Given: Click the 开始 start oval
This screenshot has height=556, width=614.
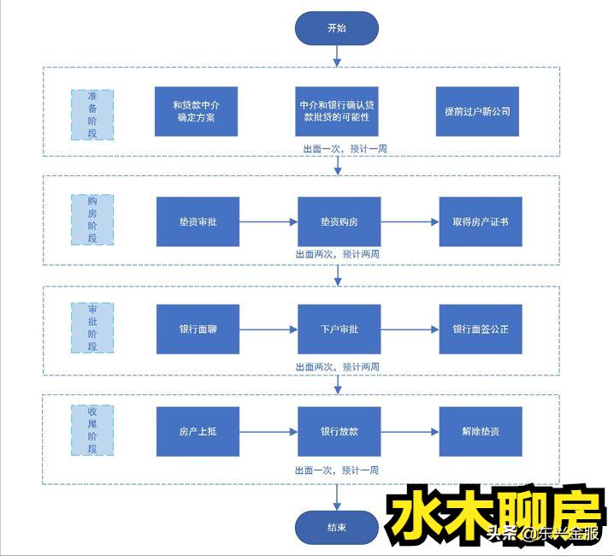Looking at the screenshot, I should [337, 27].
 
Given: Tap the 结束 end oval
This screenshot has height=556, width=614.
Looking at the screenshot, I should [336, 527].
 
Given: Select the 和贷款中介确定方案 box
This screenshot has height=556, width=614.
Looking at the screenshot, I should [196, 111].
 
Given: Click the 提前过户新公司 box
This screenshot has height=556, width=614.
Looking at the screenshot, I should [477, 111].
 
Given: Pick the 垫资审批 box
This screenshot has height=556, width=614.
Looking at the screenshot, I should [198, 222].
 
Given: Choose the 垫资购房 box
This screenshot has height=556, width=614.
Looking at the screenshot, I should [339, 222].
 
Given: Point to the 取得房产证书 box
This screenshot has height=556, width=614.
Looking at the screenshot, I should [481, 222].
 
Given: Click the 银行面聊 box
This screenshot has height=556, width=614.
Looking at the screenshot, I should [198, 328].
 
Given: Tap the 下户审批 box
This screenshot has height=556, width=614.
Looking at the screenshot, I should [339, 328].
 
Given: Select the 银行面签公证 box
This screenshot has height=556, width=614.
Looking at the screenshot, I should [481, 328].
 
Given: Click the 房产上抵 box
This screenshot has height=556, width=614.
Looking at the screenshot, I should [198, 431].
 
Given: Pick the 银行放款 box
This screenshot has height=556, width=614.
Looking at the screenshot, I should [339, 431].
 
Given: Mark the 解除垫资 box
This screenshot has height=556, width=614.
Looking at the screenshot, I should [481, 431].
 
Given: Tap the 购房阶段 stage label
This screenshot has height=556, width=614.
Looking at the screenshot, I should [92, 220].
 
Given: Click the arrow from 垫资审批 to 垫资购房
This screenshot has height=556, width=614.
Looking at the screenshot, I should [268, 222].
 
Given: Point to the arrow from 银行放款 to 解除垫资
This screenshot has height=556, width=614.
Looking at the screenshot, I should [410, 431].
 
